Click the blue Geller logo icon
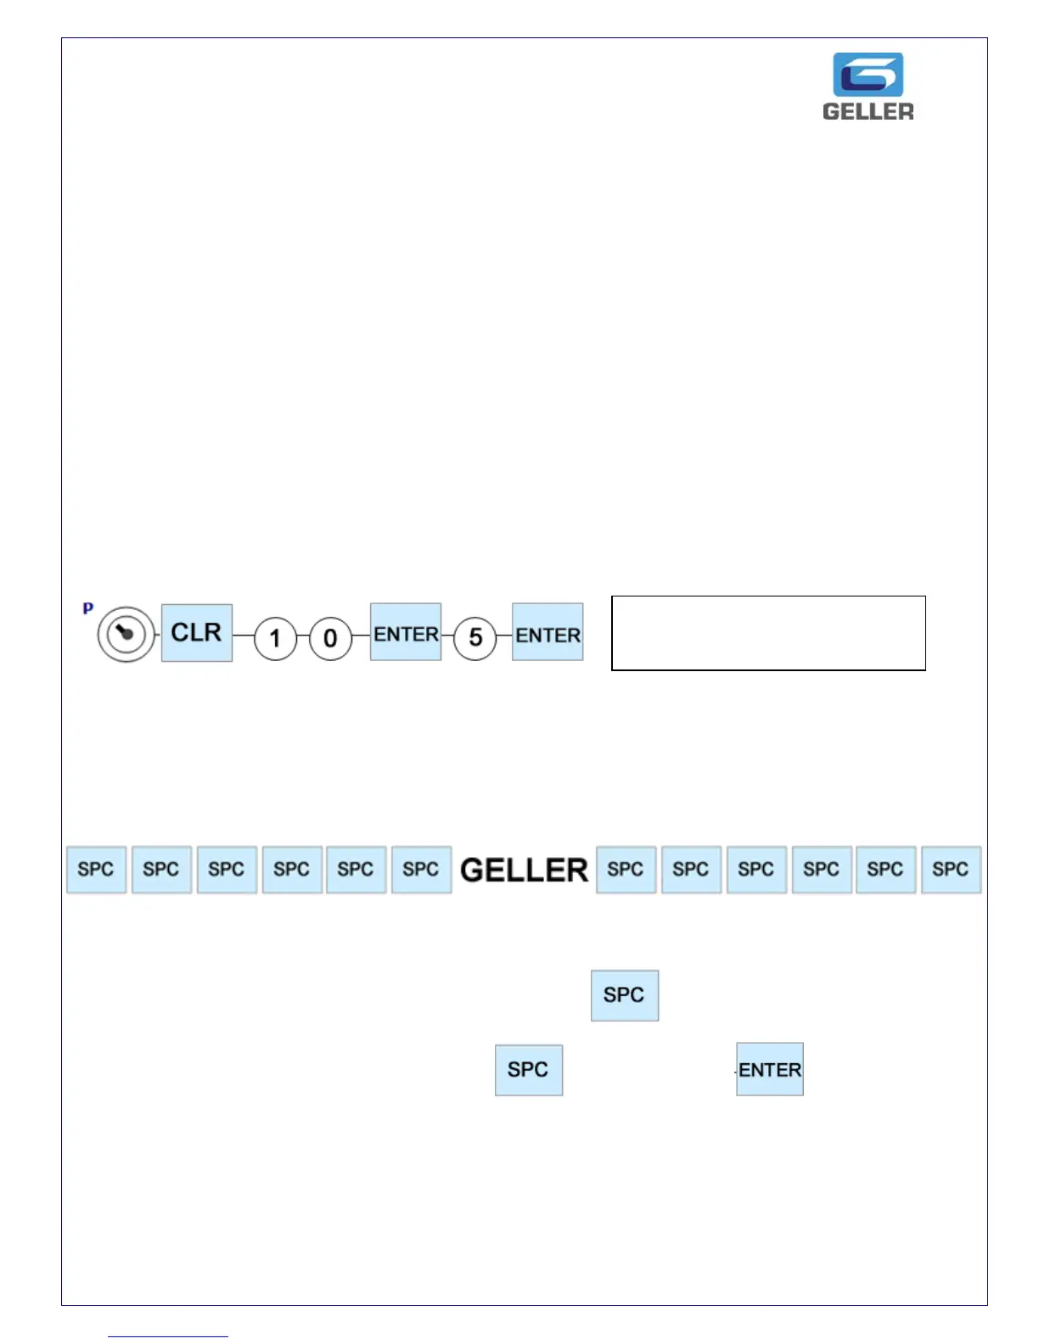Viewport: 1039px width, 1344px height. (868, 75)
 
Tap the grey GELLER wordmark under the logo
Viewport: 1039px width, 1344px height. (868, 111)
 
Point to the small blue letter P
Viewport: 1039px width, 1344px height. (87, 608)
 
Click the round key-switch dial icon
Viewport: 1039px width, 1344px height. (126, 634)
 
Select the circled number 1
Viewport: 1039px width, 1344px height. (275, 638)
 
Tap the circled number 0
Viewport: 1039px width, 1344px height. (330, 638)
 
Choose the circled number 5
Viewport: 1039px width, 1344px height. (475, 637)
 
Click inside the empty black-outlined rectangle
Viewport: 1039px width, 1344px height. (768, 633)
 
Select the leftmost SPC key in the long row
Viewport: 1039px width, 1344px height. (97, 870)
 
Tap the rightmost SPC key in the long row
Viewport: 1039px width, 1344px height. (951, 870)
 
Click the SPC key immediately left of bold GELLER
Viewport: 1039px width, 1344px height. (421, 870)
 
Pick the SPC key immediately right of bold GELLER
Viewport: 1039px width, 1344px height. (626, 870)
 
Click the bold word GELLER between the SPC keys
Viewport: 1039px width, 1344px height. (524, 870)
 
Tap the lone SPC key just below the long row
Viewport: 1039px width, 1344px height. (625, 995)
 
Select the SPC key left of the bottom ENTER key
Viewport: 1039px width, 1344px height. (529, 1070)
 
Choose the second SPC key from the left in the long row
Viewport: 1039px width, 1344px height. (161, 870)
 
